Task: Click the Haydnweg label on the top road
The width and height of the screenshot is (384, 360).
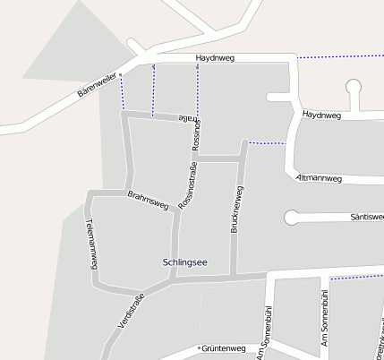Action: (214, 59)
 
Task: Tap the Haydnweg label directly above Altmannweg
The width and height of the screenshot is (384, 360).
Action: (321, 116)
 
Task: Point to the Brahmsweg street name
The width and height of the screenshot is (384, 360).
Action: (149, 200)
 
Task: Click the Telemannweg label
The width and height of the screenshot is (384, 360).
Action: (90, 244)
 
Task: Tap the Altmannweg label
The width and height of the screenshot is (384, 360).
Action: (318, 178)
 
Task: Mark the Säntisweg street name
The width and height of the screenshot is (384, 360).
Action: (367, 217)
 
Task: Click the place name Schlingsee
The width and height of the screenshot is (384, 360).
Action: (185, 261)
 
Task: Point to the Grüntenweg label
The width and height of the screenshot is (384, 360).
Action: (224, 348)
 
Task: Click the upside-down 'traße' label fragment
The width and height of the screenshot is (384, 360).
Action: (184, 118)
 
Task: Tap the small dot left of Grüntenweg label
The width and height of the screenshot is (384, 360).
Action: (198, 348)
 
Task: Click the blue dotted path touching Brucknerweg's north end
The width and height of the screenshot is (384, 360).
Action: (267, 143)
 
